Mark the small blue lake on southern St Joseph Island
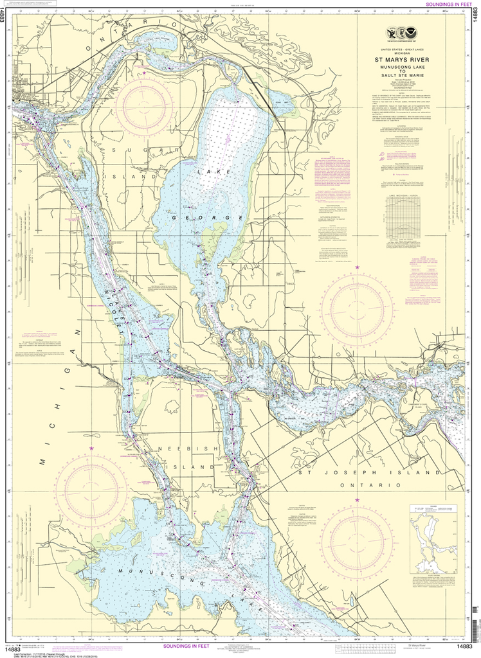point(352,602)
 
